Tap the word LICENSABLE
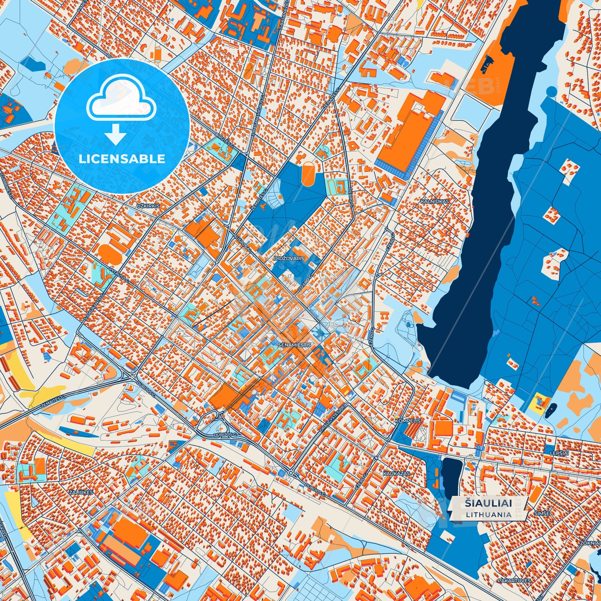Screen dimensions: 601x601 coord(122,159)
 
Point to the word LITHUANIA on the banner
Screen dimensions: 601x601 coord(489,514)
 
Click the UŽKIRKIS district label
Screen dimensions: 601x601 coord(148,206)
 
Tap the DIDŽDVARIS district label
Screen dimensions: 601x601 coord(289,258)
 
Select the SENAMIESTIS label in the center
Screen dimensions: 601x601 coord(294,345)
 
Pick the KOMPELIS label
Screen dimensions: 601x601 coord(408,421)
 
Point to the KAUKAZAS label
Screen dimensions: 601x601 coord(396,474)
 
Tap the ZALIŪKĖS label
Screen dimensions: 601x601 coord(81,492)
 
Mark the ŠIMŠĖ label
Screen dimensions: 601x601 coord(542,514)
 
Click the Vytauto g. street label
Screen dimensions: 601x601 coord(118,275)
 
